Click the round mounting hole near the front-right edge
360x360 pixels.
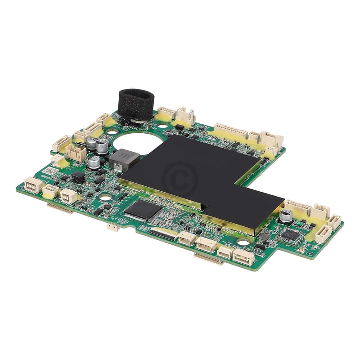coord(243,242)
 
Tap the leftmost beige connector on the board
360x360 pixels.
coord(33,185)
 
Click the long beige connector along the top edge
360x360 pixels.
coord(230,131)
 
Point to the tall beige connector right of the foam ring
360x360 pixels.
coord(185,116)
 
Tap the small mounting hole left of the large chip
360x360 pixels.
coord(105,198)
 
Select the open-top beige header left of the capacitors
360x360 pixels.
coord(76,152)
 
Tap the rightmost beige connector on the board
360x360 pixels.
coord(334,221)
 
